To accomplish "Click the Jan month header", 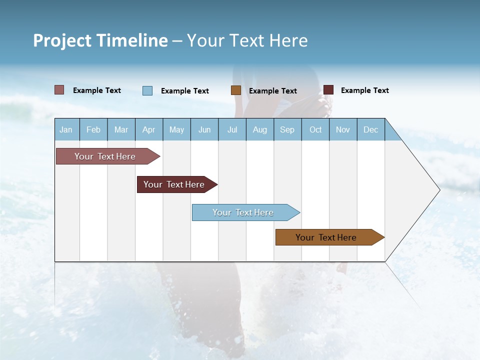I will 66,130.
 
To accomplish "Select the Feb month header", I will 93,130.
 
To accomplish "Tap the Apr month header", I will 149,130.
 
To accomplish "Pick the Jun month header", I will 204,130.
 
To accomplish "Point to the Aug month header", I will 260,130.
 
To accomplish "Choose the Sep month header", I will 287,130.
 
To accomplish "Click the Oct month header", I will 315,130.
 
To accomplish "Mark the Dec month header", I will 371,130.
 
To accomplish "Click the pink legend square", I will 59,90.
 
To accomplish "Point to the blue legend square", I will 147,90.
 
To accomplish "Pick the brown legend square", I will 236,90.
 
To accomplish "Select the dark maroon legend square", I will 328,90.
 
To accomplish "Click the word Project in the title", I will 62,41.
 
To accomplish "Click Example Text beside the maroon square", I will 364,90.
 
